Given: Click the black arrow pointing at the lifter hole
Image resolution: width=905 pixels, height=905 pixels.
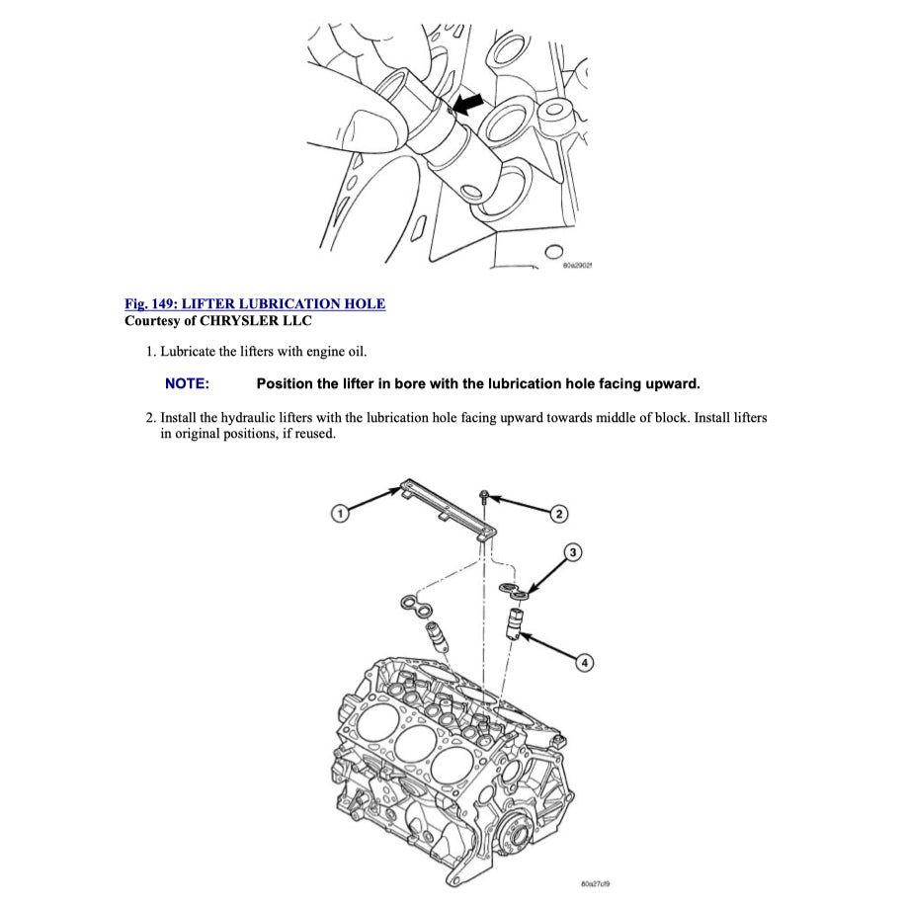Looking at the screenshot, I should click(471, 102).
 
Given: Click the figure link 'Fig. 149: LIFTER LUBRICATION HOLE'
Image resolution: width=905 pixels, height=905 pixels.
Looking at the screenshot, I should click(255, 303).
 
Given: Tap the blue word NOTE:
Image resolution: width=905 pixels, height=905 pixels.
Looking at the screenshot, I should click(187, 383).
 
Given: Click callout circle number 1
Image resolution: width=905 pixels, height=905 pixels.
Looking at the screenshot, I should click(339, 513).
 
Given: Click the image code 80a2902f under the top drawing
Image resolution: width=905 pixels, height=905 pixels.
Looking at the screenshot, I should click(576, 266).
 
